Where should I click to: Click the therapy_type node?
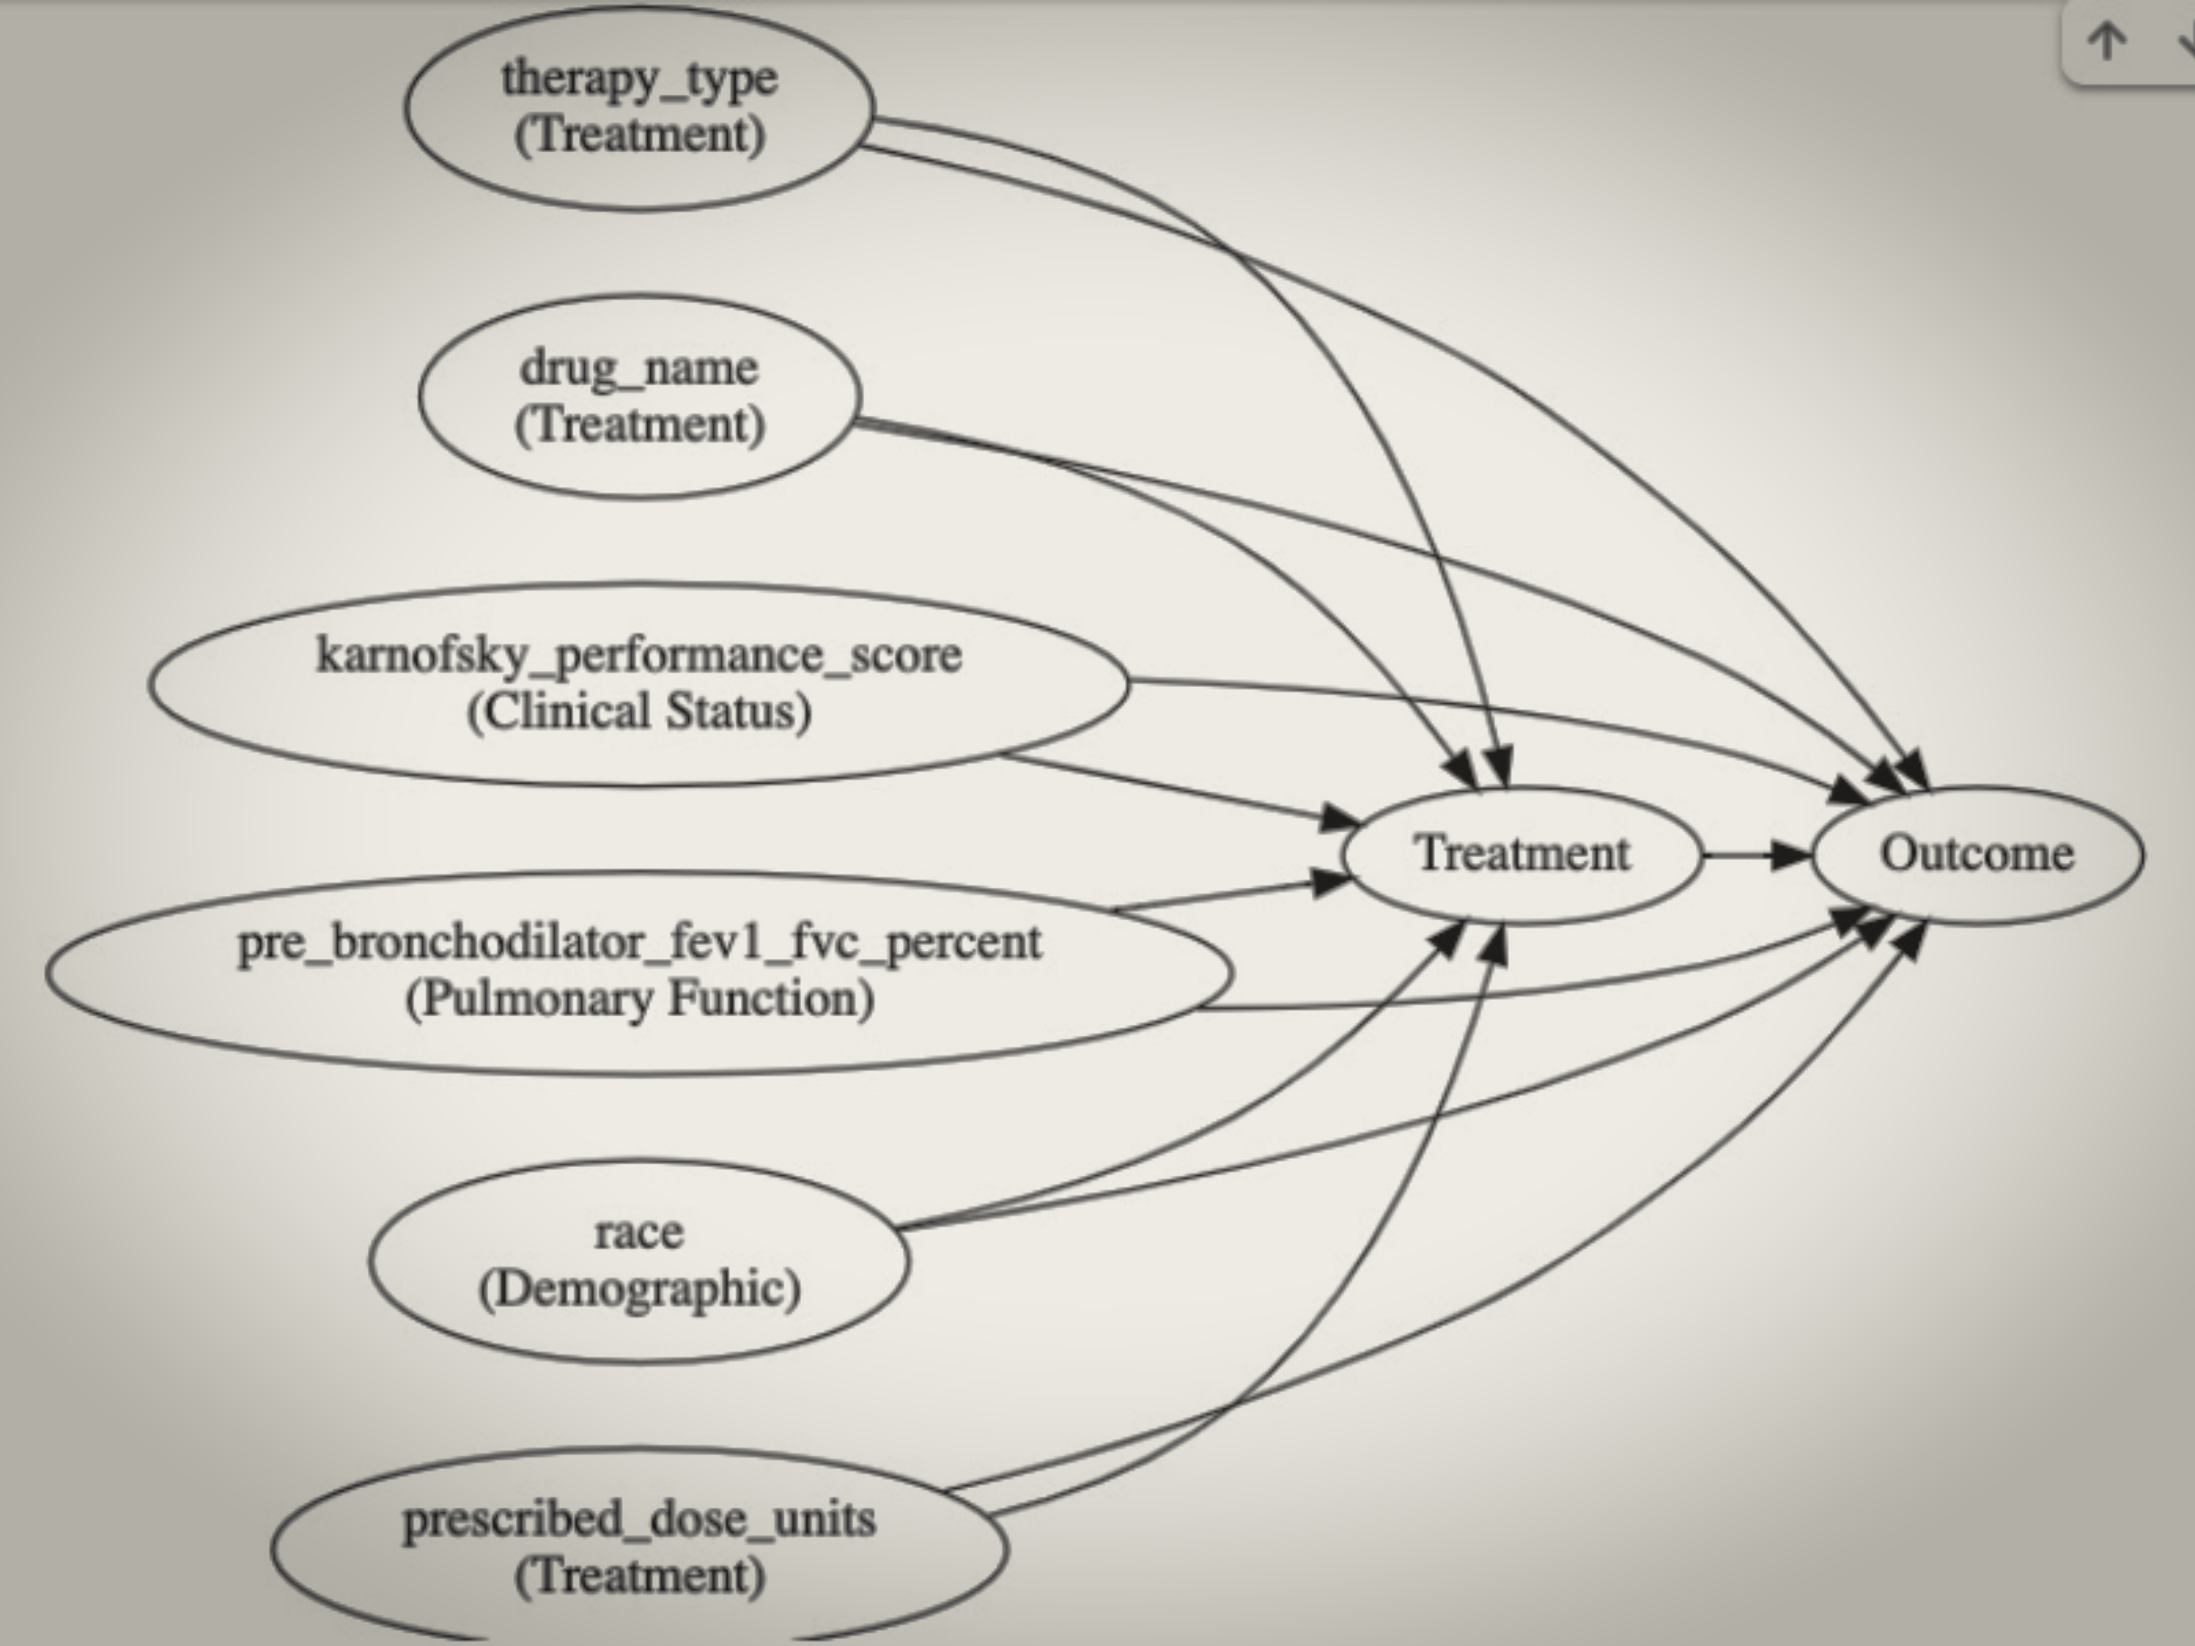pyautogui.click(x=639, y=107)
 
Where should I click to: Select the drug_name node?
pyautogui.click(x=639, y=396)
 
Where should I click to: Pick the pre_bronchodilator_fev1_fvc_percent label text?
pyautogui.click(x=639, y=943)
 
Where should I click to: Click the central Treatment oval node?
pyautogui.click(x=1521, y=854)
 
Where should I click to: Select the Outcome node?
pyautogui.click(x=1977, y=854)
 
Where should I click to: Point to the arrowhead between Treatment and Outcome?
pyautogui.click(x=1791, y=854)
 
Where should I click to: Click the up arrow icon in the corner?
pyautogui.click(x=2106, y=42)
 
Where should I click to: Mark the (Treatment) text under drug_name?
pyautogui.click(x=639, y=425)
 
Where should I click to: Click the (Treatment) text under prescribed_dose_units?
pyautogui.click(x=639, y=1576)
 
